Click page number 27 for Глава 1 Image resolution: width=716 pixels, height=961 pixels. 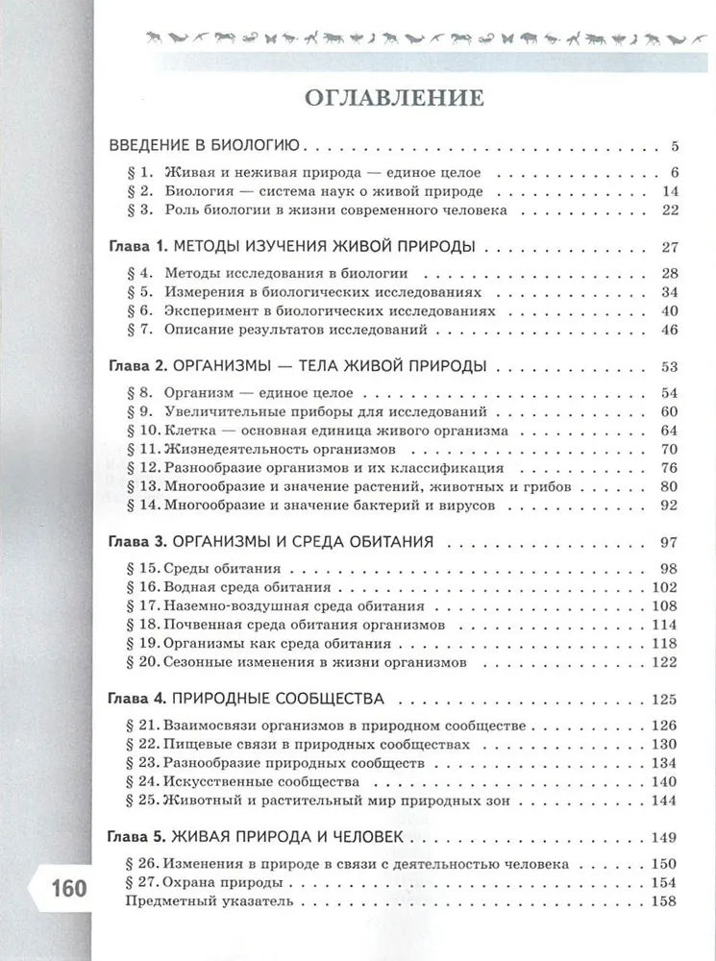[x=670, y=246]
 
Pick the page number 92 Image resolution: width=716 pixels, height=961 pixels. [x=670, y=505]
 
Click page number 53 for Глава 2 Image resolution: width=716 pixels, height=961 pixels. [x=670, y=366]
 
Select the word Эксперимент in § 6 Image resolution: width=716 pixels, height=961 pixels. [x=208, y=310]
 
